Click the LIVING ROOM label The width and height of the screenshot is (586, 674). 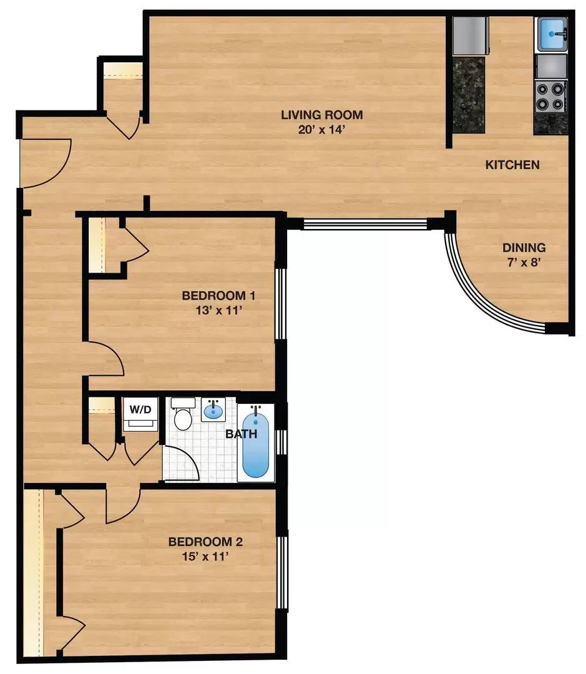click(x=321, y=115)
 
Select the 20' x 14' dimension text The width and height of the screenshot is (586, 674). click(x=321, y=130)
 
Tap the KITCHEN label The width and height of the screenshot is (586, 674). click(x=512, y=165)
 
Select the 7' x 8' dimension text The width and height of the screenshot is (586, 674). click(x=523, y=263)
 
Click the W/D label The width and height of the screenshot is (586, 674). click(x=140, y=410)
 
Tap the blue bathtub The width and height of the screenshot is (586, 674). click(x=255, y=442)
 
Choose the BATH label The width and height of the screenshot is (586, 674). click(x=241, y=433)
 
